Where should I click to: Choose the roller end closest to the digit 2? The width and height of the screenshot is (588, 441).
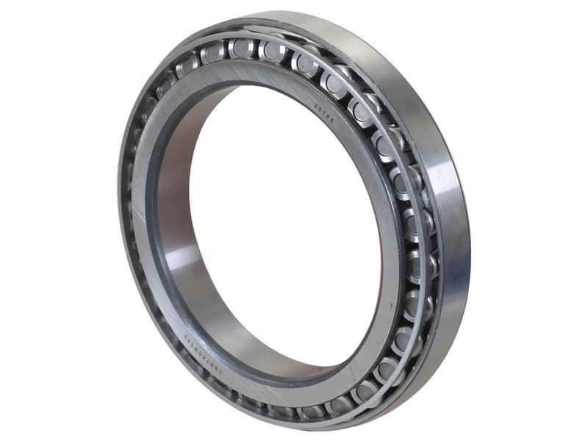click(x=305, y=65)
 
